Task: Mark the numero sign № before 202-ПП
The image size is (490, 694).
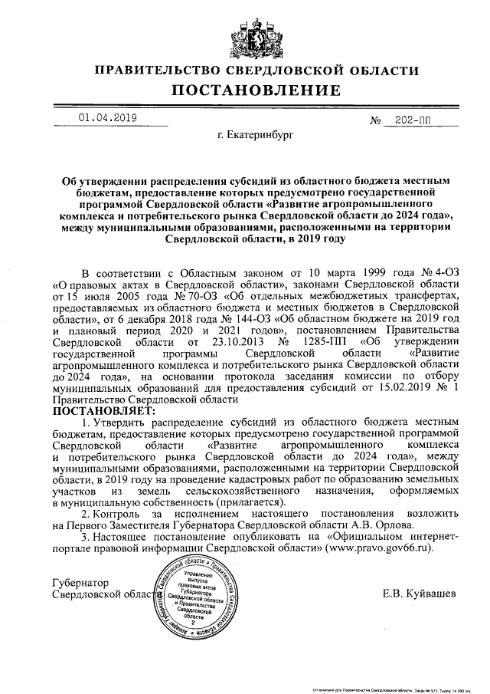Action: [x=374, y=120]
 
